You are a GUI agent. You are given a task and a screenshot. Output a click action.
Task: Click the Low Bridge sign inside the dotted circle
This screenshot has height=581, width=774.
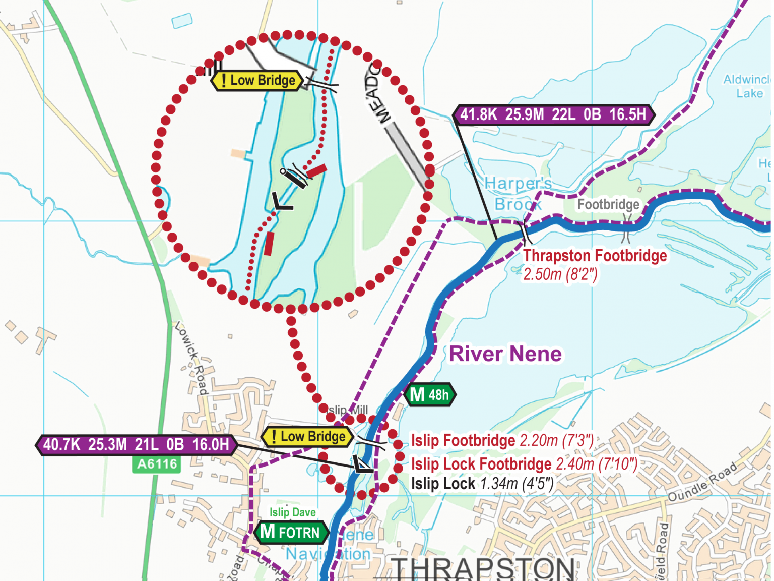[257, 81]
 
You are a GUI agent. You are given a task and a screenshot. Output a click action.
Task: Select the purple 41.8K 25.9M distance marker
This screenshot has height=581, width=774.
[553, 115]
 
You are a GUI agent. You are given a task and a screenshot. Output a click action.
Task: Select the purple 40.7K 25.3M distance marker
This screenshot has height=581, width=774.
[136, 445]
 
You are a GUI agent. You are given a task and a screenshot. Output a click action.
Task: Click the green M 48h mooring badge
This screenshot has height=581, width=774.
[430, 394]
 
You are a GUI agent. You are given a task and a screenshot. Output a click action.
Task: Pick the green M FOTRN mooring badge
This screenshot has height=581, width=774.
[291, 532]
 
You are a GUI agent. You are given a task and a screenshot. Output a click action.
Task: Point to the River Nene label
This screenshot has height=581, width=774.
[505, 354]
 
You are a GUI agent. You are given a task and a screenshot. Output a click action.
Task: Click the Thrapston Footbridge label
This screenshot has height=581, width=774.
[595, 256]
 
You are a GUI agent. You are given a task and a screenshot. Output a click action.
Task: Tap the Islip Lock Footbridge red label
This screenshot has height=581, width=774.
[524, 464]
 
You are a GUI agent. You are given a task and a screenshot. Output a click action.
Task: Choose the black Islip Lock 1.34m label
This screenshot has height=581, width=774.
[482, 484]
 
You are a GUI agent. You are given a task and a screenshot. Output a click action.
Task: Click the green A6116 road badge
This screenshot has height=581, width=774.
[157, 464]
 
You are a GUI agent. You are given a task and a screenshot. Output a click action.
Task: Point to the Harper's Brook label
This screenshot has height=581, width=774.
[518, 194]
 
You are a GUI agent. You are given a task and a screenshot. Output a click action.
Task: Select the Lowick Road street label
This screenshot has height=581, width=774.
[191, 358]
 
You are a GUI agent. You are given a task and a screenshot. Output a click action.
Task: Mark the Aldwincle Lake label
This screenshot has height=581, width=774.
[748, 86]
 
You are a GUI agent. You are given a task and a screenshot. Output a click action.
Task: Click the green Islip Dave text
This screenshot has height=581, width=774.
[292, 512]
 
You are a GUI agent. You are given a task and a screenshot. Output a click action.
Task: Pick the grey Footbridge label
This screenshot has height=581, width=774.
[608, 204]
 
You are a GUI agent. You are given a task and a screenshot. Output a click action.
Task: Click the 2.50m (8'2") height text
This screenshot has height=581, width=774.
[560, 274]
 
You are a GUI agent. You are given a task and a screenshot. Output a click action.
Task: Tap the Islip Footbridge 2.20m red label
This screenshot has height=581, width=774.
[502, 441]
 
